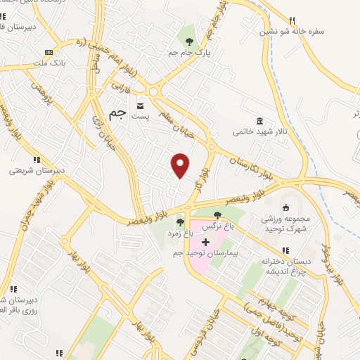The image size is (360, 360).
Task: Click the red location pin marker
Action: click(181, 163)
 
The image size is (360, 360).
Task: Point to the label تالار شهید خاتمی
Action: click(260, 131)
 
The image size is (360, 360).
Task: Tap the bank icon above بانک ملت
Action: click(48, 53)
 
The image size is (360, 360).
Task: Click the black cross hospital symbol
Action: click(205, 242)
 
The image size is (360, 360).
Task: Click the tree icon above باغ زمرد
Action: click(180, 222)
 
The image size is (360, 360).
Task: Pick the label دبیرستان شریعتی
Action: click(36, 169)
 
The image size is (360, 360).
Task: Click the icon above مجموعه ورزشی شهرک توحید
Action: click(286, 207)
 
